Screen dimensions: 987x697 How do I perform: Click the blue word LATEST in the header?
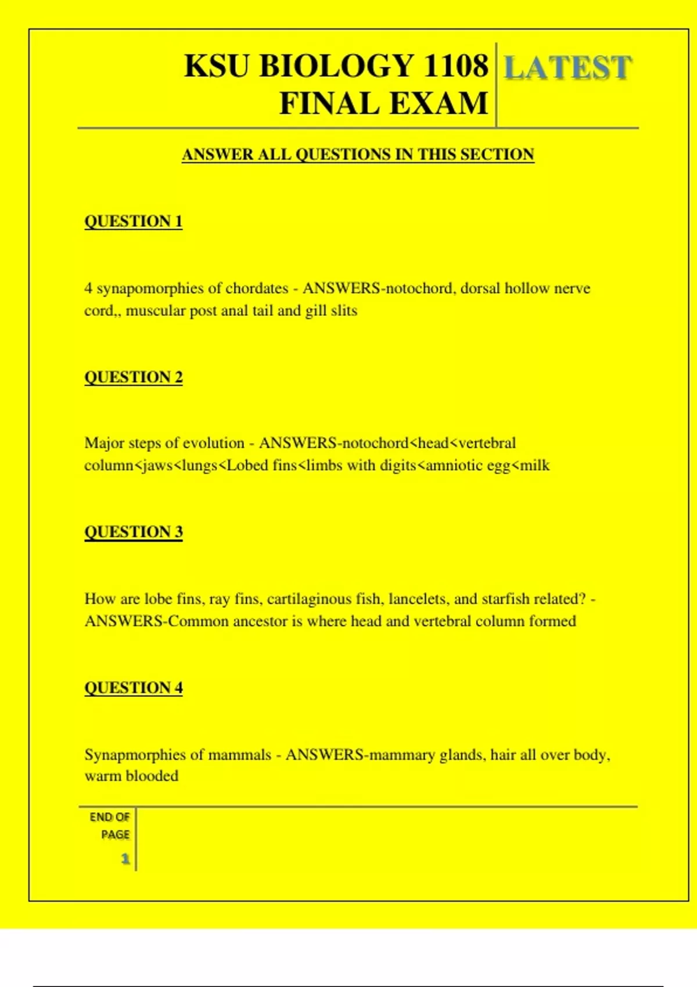[567, 67]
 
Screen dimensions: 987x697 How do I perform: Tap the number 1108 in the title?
[455, 66]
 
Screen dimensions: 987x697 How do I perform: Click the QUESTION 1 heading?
[134, 221]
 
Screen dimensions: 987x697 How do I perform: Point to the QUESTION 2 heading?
[134, 377]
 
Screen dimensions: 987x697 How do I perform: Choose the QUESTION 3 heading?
[134, 532]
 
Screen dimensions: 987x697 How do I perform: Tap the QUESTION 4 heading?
[134, 687]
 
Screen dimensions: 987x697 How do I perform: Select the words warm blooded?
[131, 776]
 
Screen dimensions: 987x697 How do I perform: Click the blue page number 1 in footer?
[125, 859]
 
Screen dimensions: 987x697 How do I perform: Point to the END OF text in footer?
[110, 817]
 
